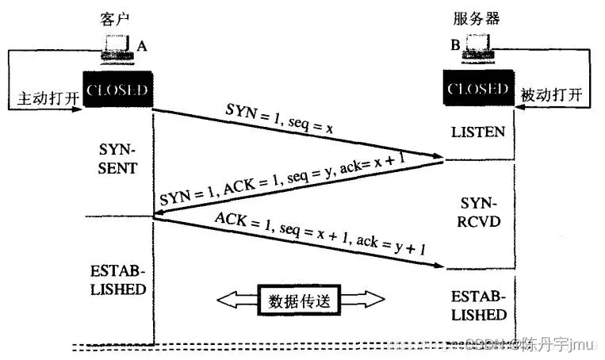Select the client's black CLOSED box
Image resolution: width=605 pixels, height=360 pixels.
click(x=117, y=90)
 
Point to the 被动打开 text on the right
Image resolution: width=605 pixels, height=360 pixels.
click(x=552, y=95)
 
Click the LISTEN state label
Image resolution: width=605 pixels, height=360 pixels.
click(x=477, y=131)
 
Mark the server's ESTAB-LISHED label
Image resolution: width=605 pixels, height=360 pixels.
click(x=478, y=305)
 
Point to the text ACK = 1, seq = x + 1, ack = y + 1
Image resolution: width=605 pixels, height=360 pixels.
click(x=325, y=237)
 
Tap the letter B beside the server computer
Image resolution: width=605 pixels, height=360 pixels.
click(x=455, y=45)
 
